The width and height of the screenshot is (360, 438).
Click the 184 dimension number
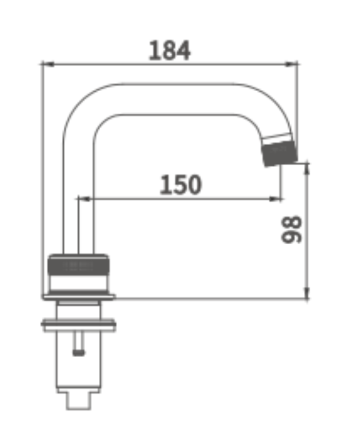click(x=169, y=50)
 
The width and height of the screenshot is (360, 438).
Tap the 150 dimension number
click(x=180, y=185)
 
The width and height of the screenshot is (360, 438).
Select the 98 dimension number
click(x=291, y=230)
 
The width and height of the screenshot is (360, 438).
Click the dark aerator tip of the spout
click(x=280, y=153)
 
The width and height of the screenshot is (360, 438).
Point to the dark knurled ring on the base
click(x=78, y=265)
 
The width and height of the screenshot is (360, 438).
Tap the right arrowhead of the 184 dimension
click(x=291, y=64)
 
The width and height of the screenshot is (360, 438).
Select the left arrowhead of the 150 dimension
click(x=85, y=199)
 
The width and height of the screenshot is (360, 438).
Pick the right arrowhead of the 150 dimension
click(x=275, y=199)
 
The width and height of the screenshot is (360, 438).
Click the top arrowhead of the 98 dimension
click(x=307, y=169)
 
